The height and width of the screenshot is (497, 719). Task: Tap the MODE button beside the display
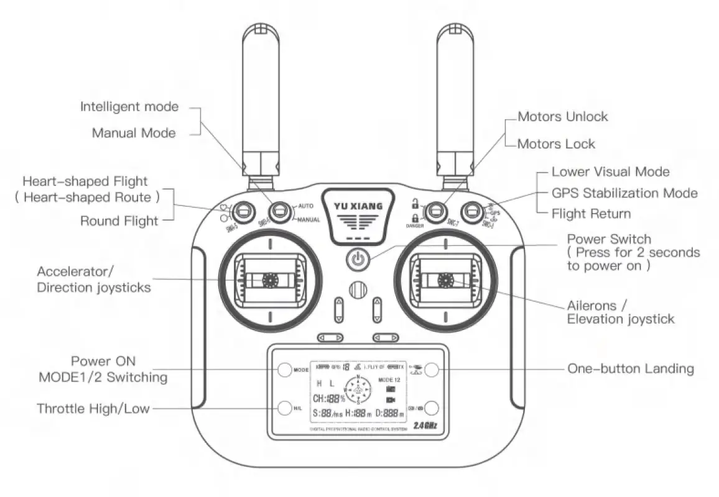pyautogui.click(x=284, y=369)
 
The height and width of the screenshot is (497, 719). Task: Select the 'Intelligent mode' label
pyautogui.click(x=129, y=107)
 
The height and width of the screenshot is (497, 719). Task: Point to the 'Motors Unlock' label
pyautogui.click(x=563, y=117)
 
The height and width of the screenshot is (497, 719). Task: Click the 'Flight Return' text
pyautogui.click(x=591, y=214)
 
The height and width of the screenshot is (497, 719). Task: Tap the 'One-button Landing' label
pyautogui.click(x=630, y=369)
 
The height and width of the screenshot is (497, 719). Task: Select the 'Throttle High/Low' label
pyautogui.click(x=93, y=409)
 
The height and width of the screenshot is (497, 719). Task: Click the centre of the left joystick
pyautogui.click(x=270, y=280)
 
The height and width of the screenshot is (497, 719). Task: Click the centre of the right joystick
pyautogui.click(x=445, y=280)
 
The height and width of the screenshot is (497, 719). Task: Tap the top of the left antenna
pyautogui.click(x=261, y=31)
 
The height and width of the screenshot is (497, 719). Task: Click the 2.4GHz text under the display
pyautogui.click(x=425, y=426)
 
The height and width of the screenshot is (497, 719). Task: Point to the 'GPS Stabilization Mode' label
pyautogui.click(x=624, y=193)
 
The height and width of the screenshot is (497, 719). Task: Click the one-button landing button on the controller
pyautogui.click(x=432, y=369)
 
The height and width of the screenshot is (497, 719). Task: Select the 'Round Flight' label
pyautogui.click(x=119, y=221)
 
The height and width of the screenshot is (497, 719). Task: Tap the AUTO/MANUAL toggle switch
pyautogui.click(x=283, y=212)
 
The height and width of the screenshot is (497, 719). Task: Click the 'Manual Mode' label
pyautogui.click(x=134, y=133)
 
